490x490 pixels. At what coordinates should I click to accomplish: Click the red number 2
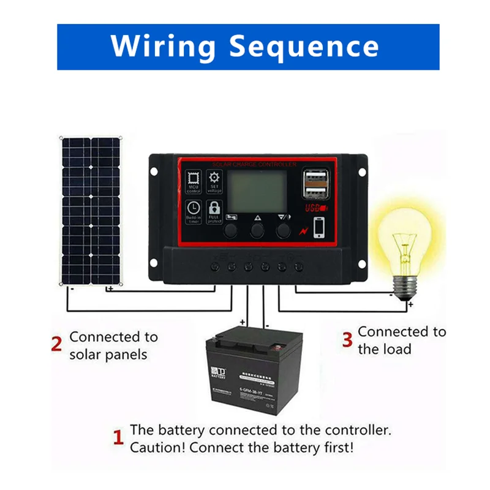pos(56,344)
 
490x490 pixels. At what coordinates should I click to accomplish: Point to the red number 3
pos(347,340)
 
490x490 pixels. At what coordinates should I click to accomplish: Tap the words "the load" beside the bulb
pos(385,349)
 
